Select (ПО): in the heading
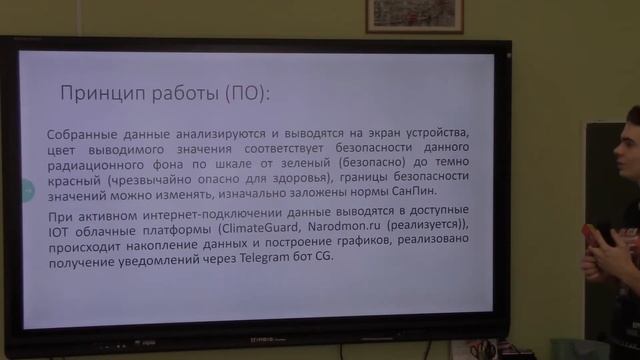tap(247, 95)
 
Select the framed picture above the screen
tap(414, 15)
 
